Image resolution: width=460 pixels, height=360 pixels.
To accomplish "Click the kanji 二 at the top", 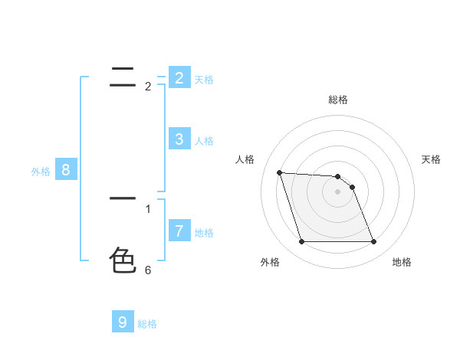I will [123, 74].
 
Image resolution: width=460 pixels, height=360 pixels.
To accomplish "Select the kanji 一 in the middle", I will [123, 198].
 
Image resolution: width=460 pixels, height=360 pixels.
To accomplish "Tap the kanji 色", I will [123, 260].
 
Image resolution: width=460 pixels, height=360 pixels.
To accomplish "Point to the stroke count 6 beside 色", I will [148, 270].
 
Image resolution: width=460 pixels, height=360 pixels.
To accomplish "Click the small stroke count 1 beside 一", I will [148, 208].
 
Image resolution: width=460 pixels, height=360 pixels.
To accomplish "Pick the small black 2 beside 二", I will [148, 87].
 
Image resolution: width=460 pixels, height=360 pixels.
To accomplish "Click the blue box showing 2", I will [179, 78].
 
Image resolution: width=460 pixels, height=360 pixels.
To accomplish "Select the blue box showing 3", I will [179, 139].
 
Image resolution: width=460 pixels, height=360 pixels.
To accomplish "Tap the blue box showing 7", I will [179, 231].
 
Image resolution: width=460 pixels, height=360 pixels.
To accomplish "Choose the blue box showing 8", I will [66, 170].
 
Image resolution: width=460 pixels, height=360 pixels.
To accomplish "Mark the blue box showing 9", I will [123, 322].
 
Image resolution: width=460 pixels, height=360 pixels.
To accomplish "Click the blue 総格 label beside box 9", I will [147, 324].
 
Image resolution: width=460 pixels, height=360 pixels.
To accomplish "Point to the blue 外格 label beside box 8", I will [41, 172].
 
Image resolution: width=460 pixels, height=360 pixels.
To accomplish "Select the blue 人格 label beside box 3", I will [204, 141].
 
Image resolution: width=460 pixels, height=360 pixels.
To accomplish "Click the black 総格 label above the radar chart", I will [338, 100].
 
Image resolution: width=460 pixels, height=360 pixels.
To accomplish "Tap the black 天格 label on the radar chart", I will [432, 159].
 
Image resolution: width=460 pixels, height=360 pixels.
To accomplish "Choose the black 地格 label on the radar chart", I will [402, 262].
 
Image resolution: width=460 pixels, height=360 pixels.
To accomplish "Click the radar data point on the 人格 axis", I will [279, 172].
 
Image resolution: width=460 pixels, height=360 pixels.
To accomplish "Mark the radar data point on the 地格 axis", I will [374, 242].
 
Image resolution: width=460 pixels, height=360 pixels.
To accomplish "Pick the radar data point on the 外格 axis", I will [301, 242].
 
